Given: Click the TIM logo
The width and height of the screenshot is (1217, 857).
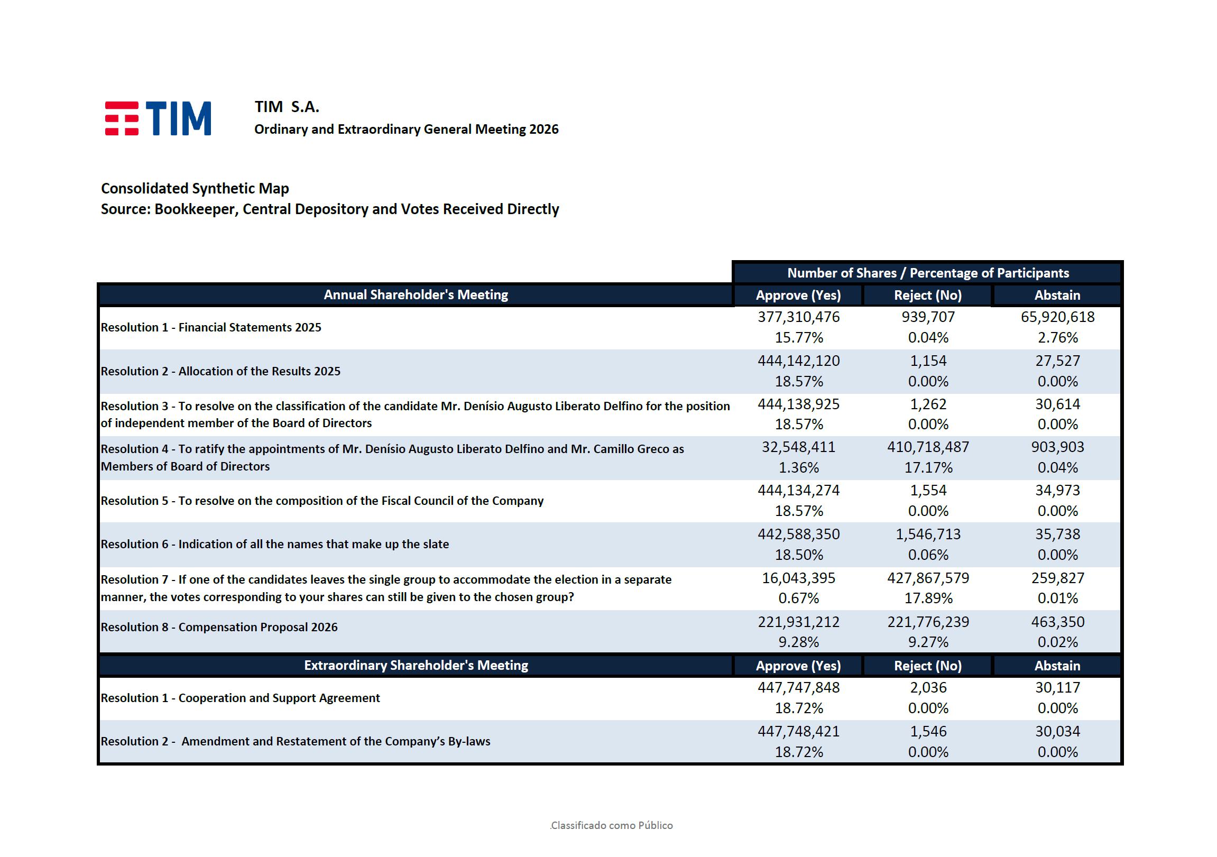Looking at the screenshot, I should pos(158,118).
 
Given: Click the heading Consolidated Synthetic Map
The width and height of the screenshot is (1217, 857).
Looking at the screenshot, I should pos(195,189).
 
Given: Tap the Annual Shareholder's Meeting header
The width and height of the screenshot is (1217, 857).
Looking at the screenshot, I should pos(416,294).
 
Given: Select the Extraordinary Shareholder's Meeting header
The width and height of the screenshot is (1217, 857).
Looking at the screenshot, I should pos(416,665).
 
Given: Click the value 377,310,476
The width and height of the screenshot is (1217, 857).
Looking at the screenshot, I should pos(798,317).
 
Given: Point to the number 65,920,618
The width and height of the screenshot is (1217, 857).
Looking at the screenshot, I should pos(1057,317).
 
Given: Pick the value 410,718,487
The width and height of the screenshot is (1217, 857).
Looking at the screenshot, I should pos(928,447).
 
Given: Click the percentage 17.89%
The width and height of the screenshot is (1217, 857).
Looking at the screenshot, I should pos(928,598).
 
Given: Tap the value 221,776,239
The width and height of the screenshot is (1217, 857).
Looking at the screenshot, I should pos(928,622).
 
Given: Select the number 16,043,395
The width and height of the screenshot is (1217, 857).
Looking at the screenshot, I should pos(798,578).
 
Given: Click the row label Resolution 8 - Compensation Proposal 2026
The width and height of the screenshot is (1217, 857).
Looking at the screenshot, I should pos(219,627).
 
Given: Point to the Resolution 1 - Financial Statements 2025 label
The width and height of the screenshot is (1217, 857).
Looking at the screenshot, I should pos(211,328).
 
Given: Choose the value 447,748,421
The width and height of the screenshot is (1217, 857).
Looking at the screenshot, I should pos(798,731).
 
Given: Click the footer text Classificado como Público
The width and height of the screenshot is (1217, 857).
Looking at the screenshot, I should pos(611,825).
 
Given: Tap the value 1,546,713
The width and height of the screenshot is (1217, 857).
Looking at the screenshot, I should pos(928,534).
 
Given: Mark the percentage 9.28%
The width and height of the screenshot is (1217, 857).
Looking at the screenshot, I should pos(798,642).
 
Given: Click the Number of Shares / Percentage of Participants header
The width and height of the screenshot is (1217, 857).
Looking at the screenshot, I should pos(928,273).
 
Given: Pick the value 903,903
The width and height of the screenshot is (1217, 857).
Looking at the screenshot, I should pos(1057,447).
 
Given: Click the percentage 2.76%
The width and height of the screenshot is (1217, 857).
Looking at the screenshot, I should pos(1057,338).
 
